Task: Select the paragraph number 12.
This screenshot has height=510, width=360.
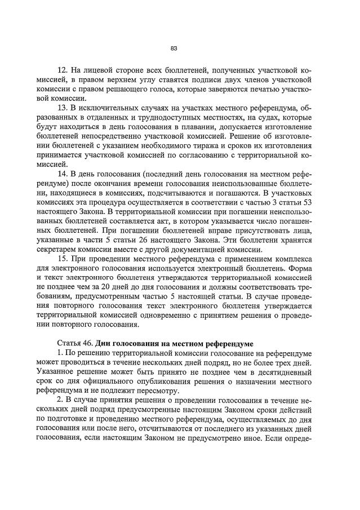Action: (63, 70)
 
